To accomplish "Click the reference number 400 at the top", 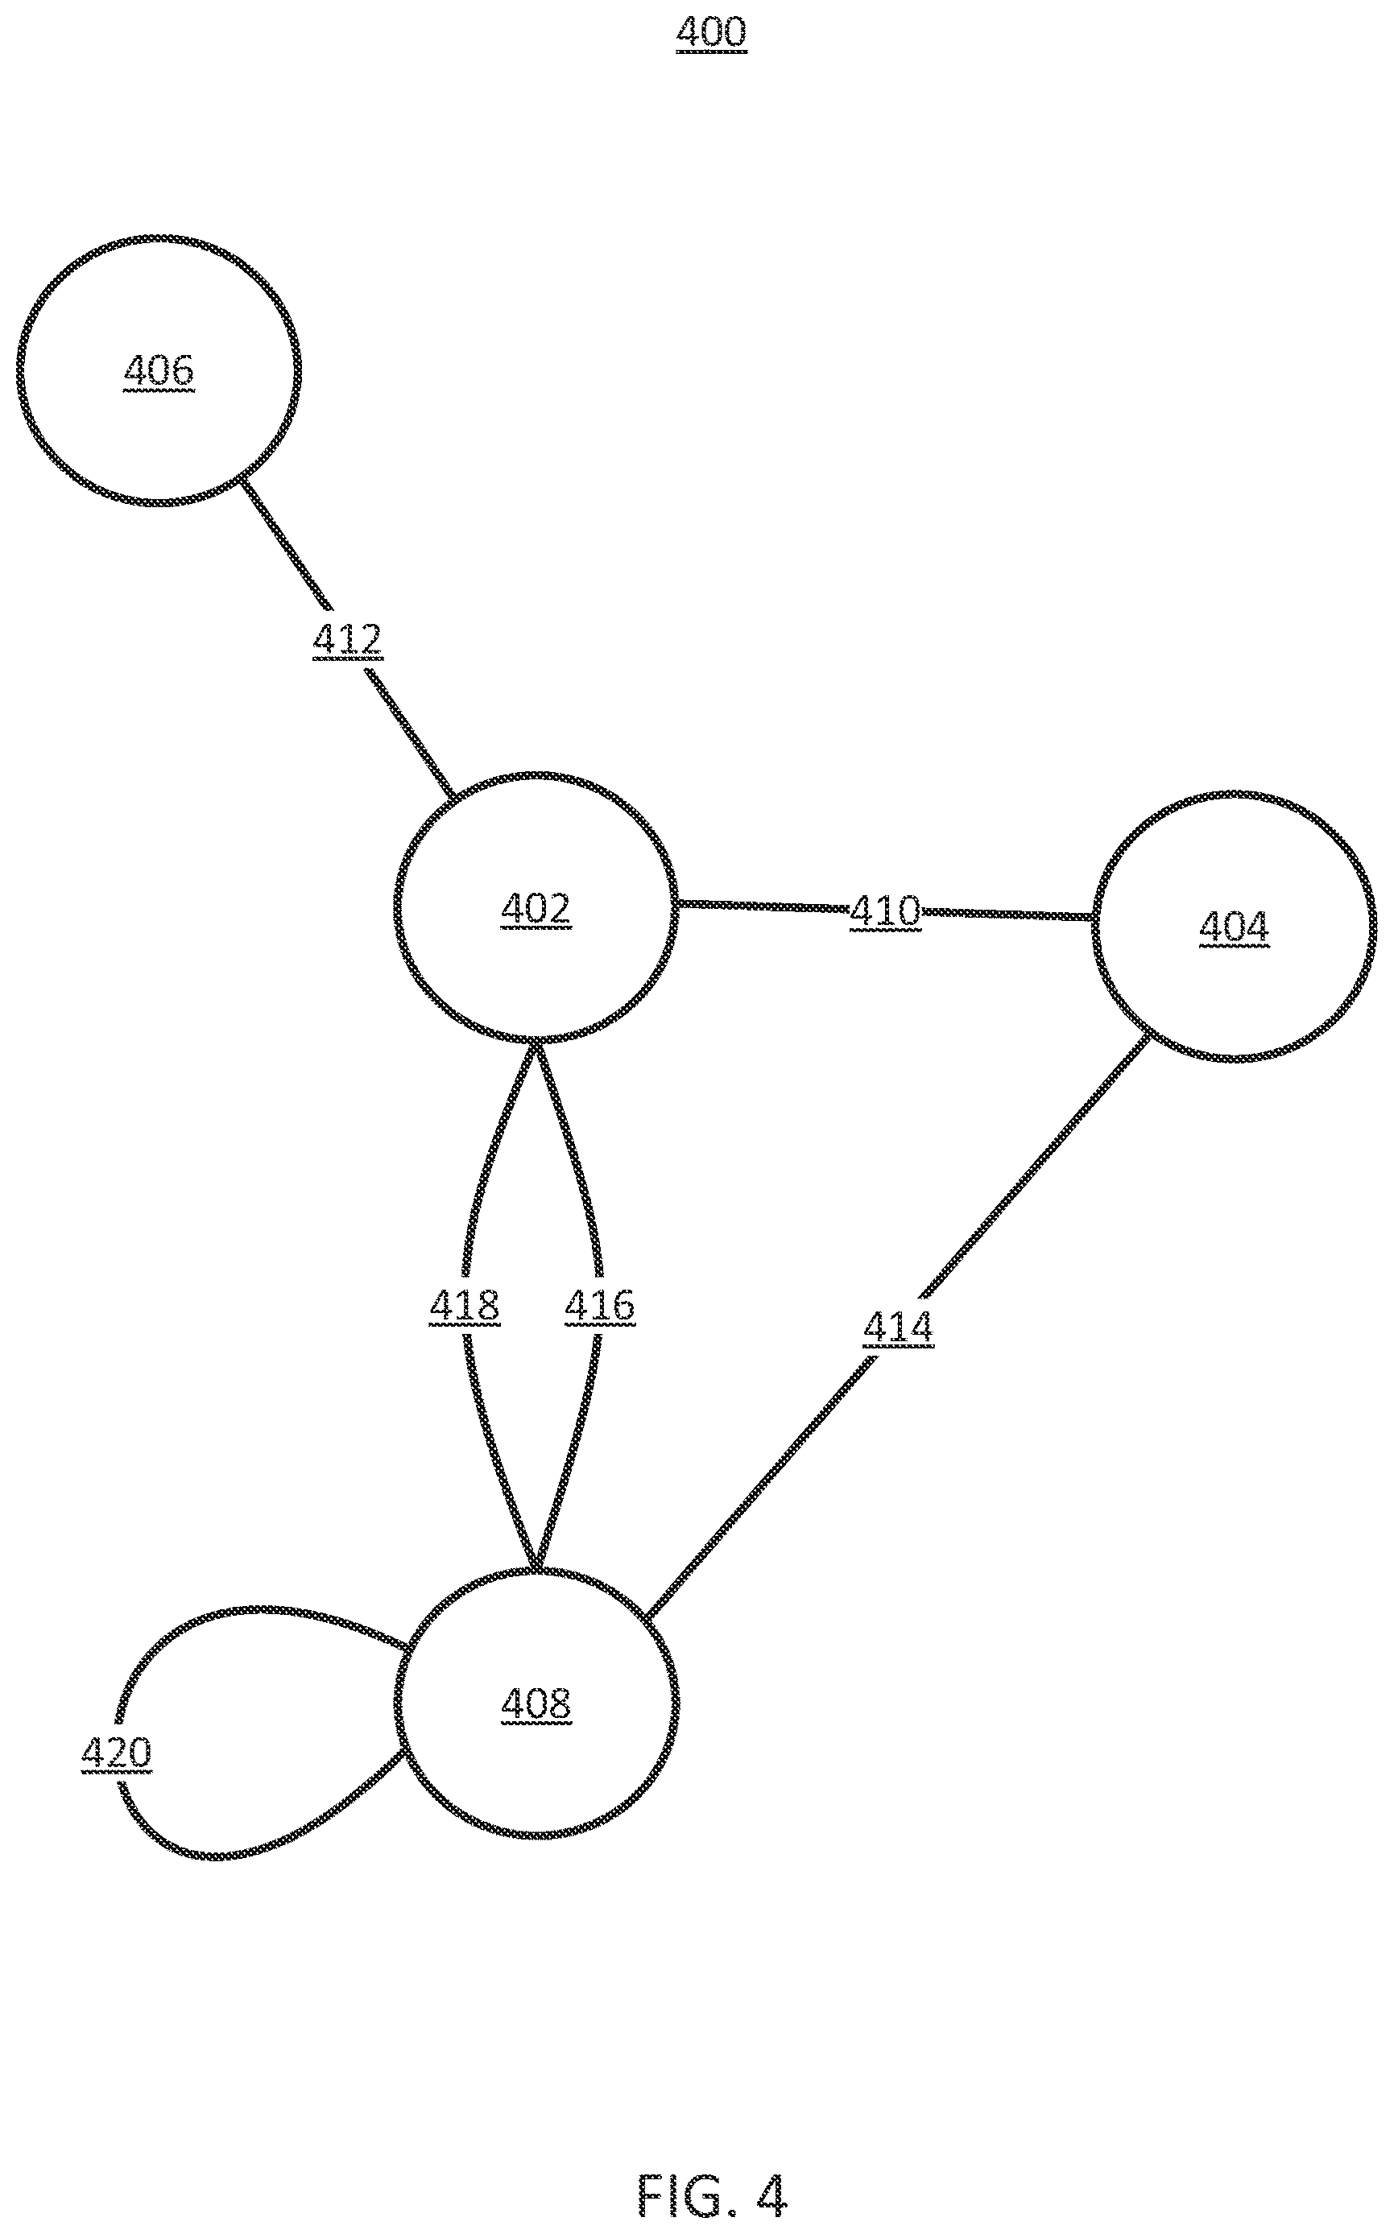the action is click(711, 32).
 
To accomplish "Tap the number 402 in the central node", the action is click(536, 910).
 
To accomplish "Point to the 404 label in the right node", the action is click(1234, 927).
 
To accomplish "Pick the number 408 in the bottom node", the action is click(536, 1704).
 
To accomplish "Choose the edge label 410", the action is click(885, 911).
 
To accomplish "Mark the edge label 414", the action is click(898, 1328).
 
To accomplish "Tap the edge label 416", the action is click(599, 1306).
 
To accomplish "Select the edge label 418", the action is click(464, 1306).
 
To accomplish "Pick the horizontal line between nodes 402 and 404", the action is click(885, 910).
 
